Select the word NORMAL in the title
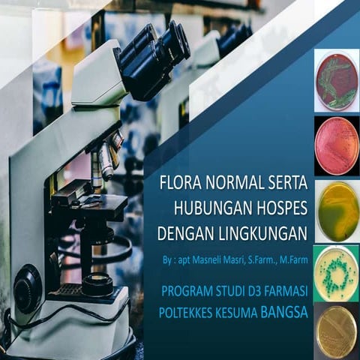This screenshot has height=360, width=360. [x=232, y=184]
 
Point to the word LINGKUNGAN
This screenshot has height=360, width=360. [x=262, y=234]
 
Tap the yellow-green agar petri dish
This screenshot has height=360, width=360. [x=337, y=210]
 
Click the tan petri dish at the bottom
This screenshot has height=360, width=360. [x=336, y=331]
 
